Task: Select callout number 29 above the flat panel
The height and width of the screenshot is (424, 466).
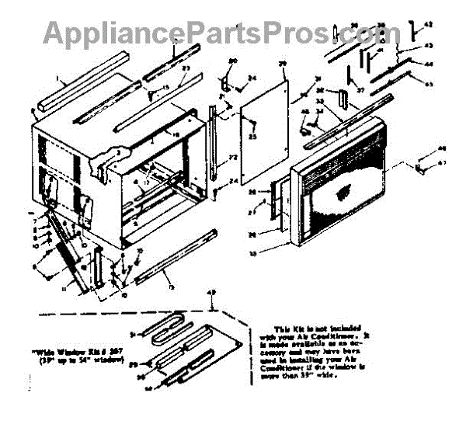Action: click(x=283, y=63)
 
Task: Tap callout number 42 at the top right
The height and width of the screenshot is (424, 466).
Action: click(x=426, y=26)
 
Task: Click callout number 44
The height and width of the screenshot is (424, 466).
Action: click(x=428, y=64)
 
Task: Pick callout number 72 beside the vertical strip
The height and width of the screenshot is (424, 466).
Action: click(x=231, y=158)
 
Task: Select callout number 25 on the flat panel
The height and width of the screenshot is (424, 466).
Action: click(x=252, y=137)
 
